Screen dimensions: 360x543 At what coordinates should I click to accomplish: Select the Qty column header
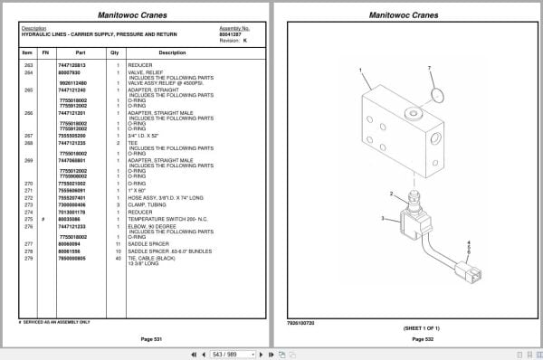tap(115, 52)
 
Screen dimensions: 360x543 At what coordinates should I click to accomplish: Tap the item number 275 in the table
tap(27, 219)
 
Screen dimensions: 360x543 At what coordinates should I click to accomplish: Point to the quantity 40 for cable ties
tap(118, 259)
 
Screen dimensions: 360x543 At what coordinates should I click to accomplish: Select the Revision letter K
tap(246, 41)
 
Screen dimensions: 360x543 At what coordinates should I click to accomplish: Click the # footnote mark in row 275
tap(43, 219)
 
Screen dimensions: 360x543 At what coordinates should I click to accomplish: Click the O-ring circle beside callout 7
tap(435, 93)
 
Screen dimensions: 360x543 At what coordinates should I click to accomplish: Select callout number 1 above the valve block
tap(359, 71)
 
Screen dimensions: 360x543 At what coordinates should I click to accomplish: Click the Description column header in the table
tap(172, 52)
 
